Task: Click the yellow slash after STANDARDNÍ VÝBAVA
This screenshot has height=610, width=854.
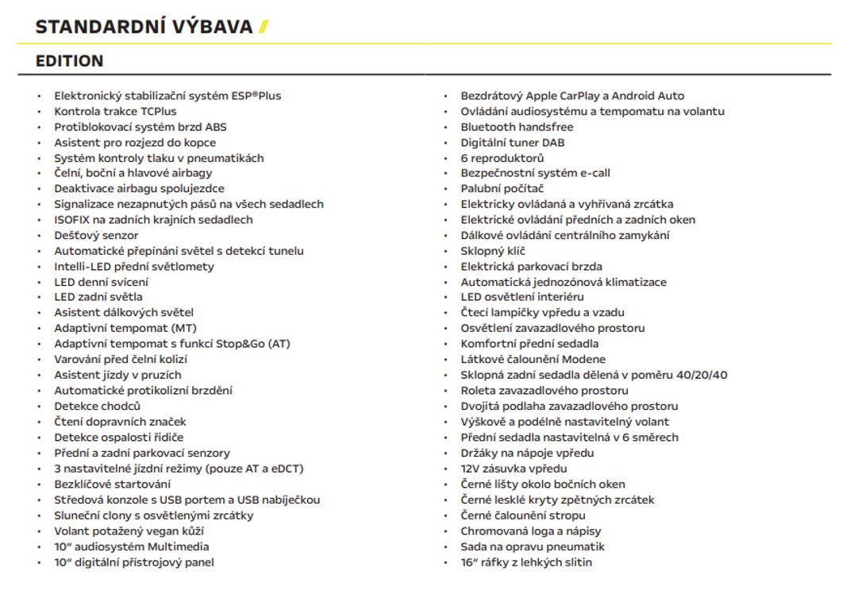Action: tap(264, 27)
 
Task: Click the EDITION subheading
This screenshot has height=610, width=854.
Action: tap(69, 61)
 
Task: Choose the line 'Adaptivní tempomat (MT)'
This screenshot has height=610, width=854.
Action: tap(125, 328)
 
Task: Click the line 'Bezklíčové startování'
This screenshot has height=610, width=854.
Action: tap(112, 484)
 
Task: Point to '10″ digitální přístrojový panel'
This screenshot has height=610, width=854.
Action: tap(133, 562)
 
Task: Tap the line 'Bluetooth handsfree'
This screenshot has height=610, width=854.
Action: tap(517, 127)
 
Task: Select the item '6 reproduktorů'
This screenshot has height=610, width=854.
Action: tap(502, 158)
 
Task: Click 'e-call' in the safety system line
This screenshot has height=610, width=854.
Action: tap(593, 173)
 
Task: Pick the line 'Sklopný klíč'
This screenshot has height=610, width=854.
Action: tap(493, 251)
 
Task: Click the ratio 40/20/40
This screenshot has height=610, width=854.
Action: tap(698, 375)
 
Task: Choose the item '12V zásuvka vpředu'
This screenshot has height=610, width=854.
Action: tap(514, 469)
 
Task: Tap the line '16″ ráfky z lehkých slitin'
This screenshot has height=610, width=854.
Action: tap(526, 562)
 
